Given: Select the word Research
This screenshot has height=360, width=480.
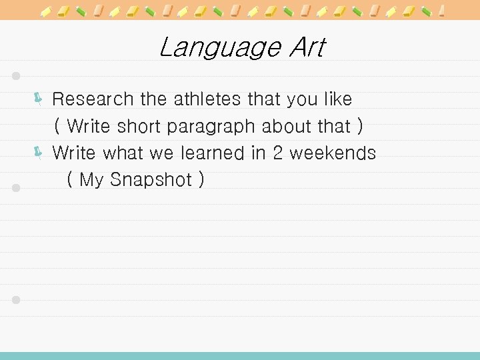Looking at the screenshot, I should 93,99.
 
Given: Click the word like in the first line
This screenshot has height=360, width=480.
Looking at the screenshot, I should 337,99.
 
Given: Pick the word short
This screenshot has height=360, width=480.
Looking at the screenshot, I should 140,126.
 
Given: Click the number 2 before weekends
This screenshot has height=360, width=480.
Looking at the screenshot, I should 277,153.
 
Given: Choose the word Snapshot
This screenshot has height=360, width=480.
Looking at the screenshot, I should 151,180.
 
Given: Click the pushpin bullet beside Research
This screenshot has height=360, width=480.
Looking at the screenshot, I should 38,100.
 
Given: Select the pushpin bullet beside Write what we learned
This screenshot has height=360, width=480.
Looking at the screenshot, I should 38,153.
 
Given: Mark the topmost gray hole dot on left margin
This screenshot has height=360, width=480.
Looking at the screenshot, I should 17,75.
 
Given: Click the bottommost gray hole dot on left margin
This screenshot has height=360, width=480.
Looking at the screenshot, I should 17,300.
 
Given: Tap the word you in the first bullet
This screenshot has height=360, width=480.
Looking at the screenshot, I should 302,100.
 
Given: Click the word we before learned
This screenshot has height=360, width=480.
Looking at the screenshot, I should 161,153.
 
